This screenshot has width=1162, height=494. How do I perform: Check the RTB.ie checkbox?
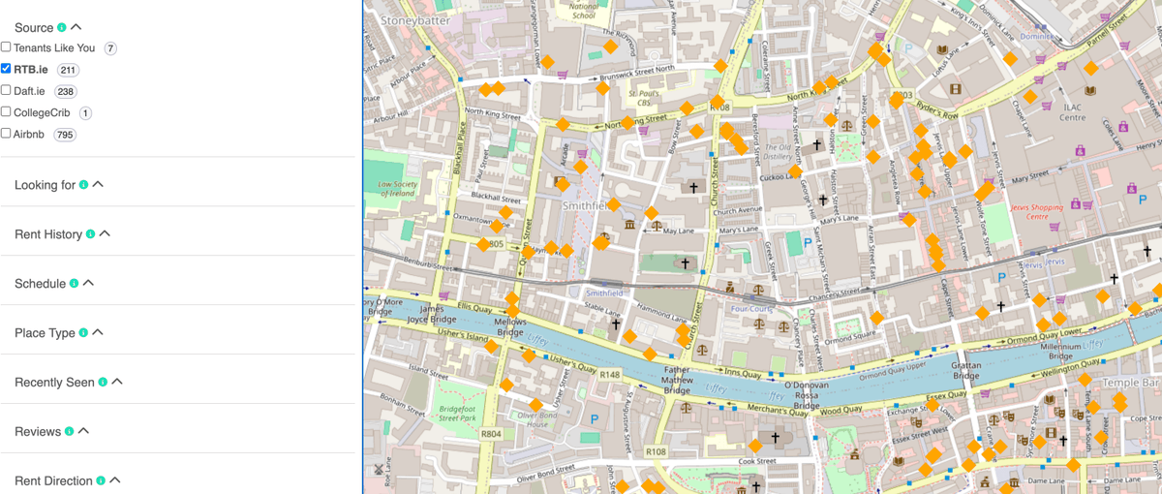(6, 69)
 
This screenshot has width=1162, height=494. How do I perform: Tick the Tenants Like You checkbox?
(6, 47)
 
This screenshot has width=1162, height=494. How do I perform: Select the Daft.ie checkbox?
(6, 90)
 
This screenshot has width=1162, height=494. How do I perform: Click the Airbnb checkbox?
(6, 133)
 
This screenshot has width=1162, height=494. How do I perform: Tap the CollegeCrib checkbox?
(6, 111)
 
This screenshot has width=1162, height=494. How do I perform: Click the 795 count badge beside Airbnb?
(65, 135)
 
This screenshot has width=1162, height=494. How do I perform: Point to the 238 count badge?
(65, 92)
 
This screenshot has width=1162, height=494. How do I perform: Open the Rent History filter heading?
(48, 234)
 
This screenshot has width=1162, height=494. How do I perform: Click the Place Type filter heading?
(45, 333)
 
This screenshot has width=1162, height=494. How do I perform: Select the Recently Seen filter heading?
(54, 383)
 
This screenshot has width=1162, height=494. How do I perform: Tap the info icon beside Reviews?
(69, 432)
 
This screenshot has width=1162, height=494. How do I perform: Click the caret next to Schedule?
(88, 284)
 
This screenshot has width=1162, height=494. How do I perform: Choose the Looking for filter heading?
(45, 185)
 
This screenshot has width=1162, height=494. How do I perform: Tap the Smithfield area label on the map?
(586, 205)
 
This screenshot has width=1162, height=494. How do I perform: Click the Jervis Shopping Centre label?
(1037, 211)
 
